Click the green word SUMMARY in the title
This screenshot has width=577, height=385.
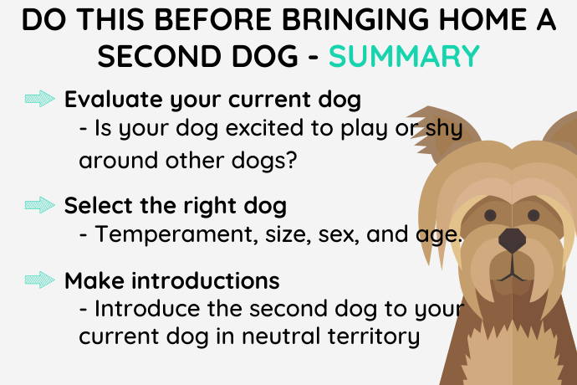click(404, 56)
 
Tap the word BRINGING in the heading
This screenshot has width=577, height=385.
click(355, 19)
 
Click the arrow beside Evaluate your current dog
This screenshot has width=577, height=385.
click(40, 99)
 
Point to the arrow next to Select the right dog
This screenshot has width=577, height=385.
click(40, 205)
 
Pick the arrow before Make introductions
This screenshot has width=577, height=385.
click(40, 280)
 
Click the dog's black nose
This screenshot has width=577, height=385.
click(513, 240)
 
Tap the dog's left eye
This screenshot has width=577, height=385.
click(490, 215)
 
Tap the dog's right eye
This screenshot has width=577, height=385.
click(534, 215)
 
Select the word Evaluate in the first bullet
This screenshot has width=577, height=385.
click(114, 99)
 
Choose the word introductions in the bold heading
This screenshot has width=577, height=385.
click(206, 280)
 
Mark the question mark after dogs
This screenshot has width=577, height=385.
click(292, 160)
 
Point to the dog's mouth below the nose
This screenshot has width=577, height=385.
click(513, 271)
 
